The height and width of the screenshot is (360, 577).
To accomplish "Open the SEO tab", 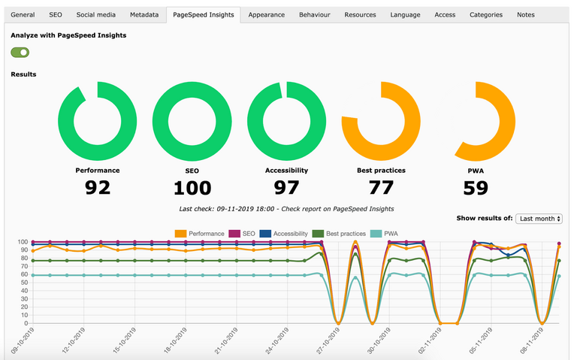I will (56, 14).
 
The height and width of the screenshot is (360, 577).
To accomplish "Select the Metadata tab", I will (143, 14).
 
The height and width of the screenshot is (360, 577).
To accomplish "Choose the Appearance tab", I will (266, 14).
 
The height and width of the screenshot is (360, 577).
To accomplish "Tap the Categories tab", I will (486, 14).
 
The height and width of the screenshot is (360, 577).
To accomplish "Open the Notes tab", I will (526, 14).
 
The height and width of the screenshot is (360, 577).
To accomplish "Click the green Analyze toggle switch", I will (20, 52).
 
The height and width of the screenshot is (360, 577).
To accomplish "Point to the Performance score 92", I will (98, 187).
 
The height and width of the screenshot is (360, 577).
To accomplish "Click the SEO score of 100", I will (192, 187).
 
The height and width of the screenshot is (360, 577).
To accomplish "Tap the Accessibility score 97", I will (286, 187).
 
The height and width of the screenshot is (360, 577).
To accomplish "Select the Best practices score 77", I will (381, 187).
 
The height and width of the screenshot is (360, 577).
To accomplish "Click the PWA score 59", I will (476, 187).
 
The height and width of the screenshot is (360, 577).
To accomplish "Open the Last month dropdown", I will (539, 218).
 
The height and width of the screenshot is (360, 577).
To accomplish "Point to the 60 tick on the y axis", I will (23, 275).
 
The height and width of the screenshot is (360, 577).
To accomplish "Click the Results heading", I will (23, 74).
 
